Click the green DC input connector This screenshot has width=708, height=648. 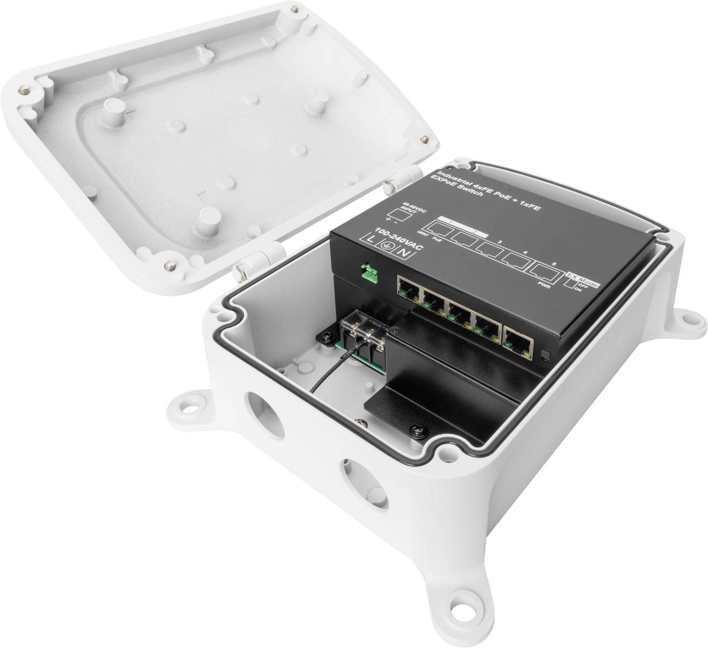pyautogui.click(x=369, y=274)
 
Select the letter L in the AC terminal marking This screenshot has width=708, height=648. pyautogui.click(x=370, y=239)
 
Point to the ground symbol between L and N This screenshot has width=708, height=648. pyautogui.click(x=386, y=245)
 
